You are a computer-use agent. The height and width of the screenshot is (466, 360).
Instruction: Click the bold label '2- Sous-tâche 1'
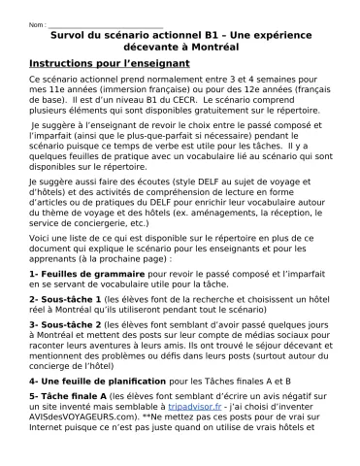[x=64, y=301]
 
